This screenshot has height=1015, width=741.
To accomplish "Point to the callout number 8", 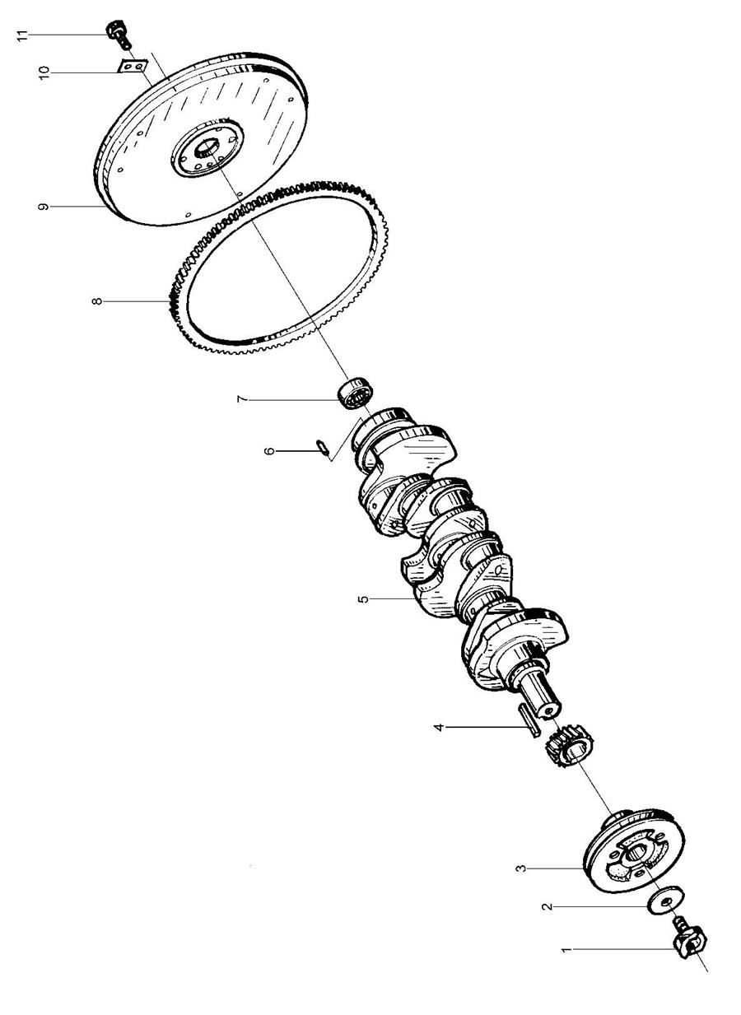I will click(x=98, y=302).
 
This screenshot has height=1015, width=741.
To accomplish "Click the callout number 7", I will click(x=241, y=399).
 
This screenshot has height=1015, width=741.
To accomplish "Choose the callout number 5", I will click(x=363, y=598).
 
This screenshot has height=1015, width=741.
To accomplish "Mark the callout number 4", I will click(x=439, y=728).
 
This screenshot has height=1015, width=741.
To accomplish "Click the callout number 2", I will click(x=544, y=906).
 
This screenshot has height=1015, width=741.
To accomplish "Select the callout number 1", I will click(x=566, y=950).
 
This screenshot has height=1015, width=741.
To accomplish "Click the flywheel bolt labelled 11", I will click(x=118, y=34).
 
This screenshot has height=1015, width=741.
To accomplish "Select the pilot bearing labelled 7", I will click(x=357, y=390).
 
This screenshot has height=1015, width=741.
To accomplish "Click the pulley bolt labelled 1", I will click(x=686, y=941).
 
